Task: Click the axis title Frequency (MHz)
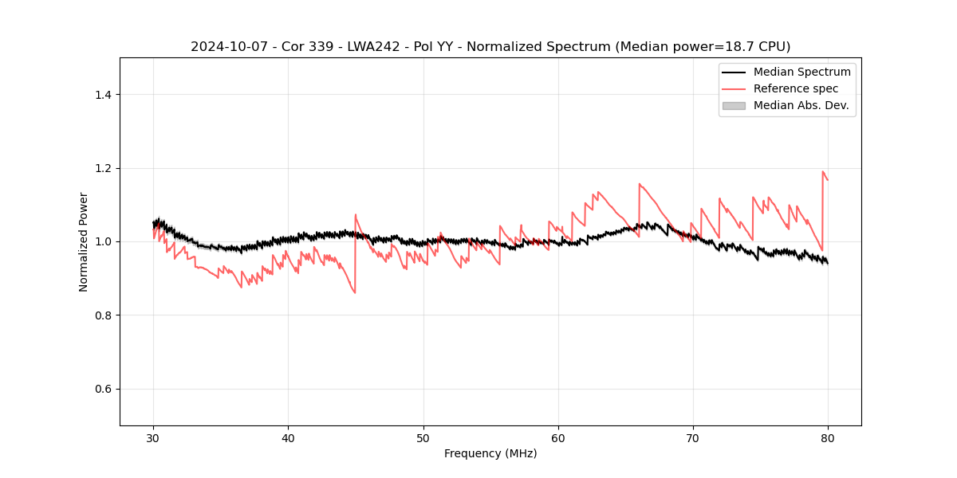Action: (x=490, y=453)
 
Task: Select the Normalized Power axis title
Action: (x=84, y=241)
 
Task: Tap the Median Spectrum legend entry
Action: (x=801, y=72)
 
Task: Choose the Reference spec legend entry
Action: (x=795, y=88)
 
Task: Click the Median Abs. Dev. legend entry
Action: (x=801, y=105)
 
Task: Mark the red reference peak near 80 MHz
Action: (x=823, y=171)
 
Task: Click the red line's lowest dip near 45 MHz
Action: (x=355, y=292)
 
